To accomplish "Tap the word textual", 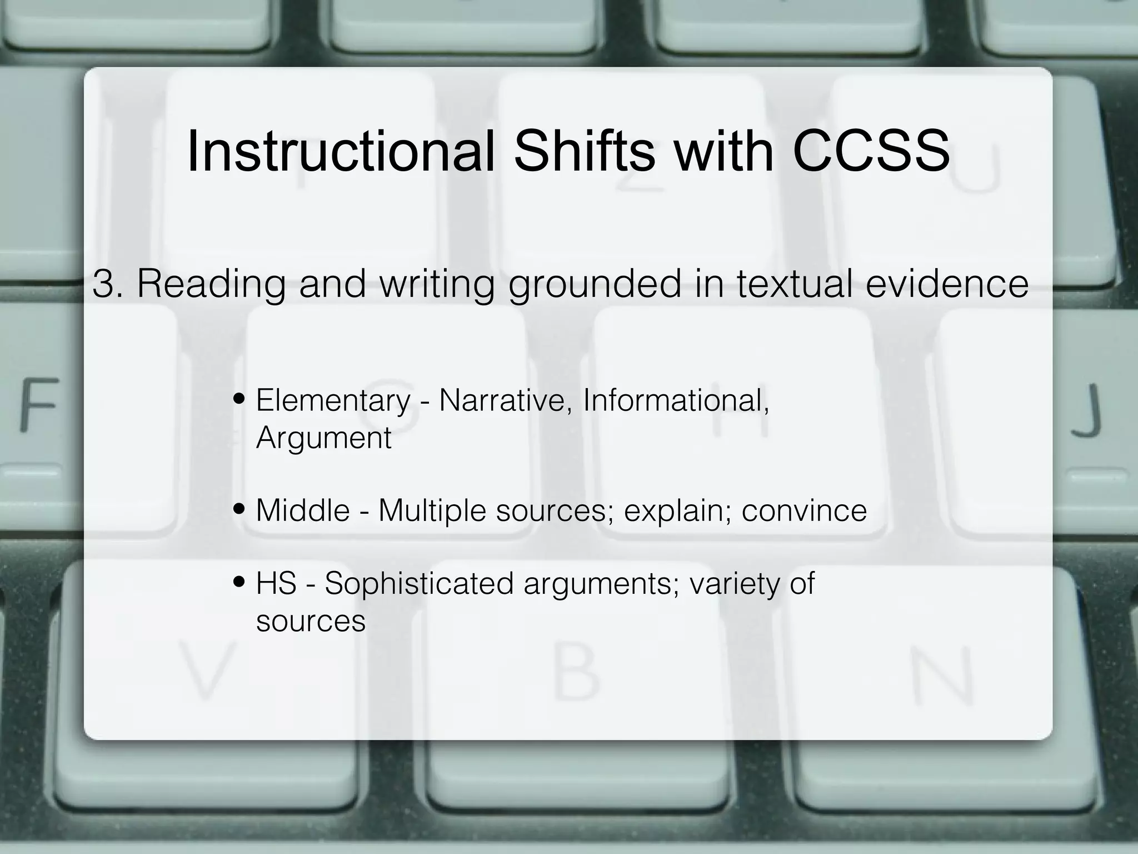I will [x=795, y=284].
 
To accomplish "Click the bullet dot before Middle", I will [x=239, y=509].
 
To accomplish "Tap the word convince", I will [x=804, y=510].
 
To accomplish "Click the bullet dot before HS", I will [x=239, y=583].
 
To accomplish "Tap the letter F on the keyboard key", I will [x=39, y=404].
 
